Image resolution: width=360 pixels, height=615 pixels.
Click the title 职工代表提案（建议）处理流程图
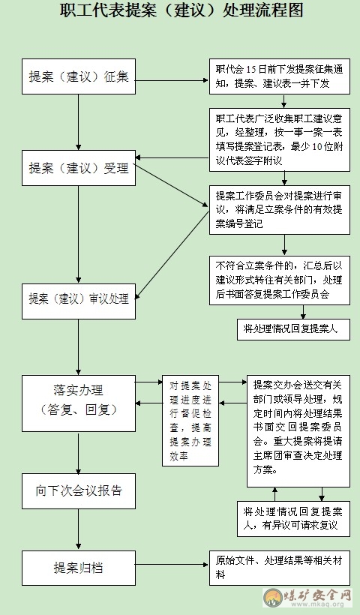click(x=181, y=10)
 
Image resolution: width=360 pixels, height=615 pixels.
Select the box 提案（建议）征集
click(x=79, y=76)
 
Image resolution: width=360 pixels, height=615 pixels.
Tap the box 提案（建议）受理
click(x=79, y=168)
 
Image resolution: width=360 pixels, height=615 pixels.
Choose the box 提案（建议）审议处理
click(x=79, y=301)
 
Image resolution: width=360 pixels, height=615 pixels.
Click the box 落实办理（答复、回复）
click(x=79, y=403)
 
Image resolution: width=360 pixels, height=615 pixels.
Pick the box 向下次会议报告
click(x=79, y=491)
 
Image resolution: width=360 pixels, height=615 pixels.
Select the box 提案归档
click(x=79, y=568)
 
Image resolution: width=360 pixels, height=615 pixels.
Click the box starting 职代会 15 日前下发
click(x=280, y=76)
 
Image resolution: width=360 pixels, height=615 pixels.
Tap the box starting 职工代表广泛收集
click(x=280, y=139)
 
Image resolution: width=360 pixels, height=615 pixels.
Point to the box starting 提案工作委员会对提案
click(x=280, y=210)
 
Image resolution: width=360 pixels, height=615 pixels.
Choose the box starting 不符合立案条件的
click(x=280, y=280)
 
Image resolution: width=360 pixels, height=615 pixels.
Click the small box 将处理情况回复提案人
click(x=293, y=329)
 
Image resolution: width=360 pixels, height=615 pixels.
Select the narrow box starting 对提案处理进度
click(x=190, y=421)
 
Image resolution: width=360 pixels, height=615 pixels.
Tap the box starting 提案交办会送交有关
click(x=298, y=431)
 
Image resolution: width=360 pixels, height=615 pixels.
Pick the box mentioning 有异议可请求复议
click(x=293, y=519)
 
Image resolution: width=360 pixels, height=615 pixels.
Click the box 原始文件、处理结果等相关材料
click(x=280, y=568)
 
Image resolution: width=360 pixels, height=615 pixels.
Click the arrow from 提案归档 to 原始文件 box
click(x=172, y=565)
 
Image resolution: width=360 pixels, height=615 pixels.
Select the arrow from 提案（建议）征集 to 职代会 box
click(x=172, y=80)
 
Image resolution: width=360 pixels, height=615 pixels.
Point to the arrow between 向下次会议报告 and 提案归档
click(x=79, y=529)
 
